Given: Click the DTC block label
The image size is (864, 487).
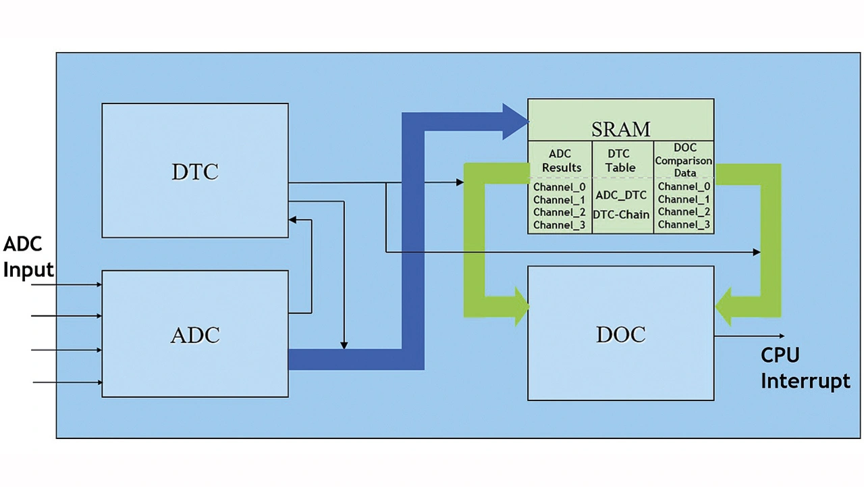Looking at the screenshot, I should pyautogui.click(x=194, y=172).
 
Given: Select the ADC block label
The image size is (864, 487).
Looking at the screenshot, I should pyautogui.click(x=194, y=335).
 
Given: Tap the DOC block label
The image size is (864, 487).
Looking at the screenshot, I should pyautogui.click(x=620, y=334).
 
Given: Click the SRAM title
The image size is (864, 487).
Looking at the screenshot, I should pyautogui.click(x=620, y=128).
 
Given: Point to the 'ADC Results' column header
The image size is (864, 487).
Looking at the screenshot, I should pyautogui.click(x=560, y=161).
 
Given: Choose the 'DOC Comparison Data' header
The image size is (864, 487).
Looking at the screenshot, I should pyautogui.click(x=684, y=160).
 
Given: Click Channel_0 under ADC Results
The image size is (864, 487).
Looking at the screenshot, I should pyautogui.click(x=559, y=186).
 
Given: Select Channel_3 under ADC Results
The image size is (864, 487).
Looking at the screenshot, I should pyautogui.click(x=559, y=225).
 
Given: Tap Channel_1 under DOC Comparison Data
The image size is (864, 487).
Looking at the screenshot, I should pyautogui.click(x=684, y=199).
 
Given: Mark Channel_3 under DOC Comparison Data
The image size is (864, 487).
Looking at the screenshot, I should pyautogui.click(x=684, y=225).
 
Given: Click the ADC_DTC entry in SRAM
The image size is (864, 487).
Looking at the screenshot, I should pyautogui.click(x=620, y=195).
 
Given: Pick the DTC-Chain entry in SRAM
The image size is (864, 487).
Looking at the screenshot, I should pyautogui.click(x=620, y=215).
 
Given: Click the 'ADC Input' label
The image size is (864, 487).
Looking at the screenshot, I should pyautogui.click(x=28, y=257).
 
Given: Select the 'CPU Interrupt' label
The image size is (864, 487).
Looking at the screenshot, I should pyautogui.click(x=805, y=368).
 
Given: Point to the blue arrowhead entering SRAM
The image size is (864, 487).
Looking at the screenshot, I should pyautogui.click(x=515, y=122).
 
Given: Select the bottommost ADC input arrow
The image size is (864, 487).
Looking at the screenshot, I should pyautogui.click(x=67, y=383).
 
